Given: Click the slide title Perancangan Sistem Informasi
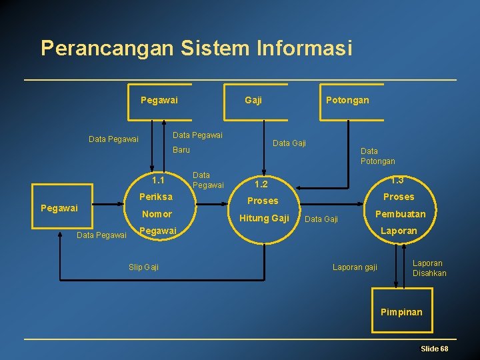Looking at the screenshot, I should click(x=195, y=48).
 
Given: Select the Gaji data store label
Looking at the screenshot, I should click(x=253, y=100).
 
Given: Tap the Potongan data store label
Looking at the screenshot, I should click(x=347, y=100).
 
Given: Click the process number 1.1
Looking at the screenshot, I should click(x=158, y=180).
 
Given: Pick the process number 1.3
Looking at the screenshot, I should click(x=397, y=180).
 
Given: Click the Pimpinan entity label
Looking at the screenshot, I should click(x=401, y=312).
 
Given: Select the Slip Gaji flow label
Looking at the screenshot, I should click(x=143, y=267).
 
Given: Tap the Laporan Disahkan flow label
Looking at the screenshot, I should click(x=429, y=268).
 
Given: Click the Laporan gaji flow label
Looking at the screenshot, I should click(x=355, y=267).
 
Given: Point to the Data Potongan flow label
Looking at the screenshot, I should click(x=377, y=156).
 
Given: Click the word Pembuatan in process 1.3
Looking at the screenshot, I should click(x=400, y=214).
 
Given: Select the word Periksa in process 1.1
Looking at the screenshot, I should click(x=156, y=197).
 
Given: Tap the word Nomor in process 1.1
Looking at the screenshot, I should click(x=157, y=214).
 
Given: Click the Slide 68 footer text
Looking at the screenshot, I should click(x=434, y=349).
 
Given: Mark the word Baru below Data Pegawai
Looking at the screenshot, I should click(x=181, y=150).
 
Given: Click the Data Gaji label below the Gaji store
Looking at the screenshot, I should click(x=289, y=143).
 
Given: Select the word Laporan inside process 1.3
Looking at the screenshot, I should click(x=399, y=231).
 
